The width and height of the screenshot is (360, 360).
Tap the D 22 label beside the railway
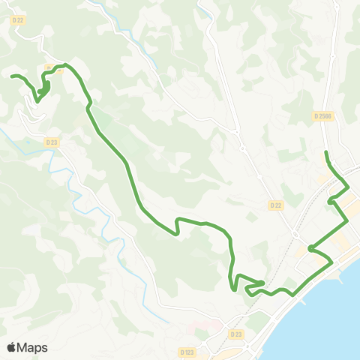275,205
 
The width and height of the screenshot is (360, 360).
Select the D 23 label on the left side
52,141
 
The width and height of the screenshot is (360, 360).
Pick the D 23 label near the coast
235,334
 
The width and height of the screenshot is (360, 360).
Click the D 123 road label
188,351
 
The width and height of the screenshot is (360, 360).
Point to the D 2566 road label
322,116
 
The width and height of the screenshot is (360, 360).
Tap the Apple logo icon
12,347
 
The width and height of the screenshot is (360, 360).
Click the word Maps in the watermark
34,347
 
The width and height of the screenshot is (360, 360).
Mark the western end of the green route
13,76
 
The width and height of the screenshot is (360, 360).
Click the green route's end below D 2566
326,153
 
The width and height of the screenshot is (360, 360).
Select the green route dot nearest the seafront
310,248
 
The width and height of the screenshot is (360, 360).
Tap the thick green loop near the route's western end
44,88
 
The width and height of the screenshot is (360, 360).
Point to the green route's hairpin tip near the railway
262,282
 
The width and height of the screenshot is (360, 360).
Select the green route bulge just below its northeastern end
331,200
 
